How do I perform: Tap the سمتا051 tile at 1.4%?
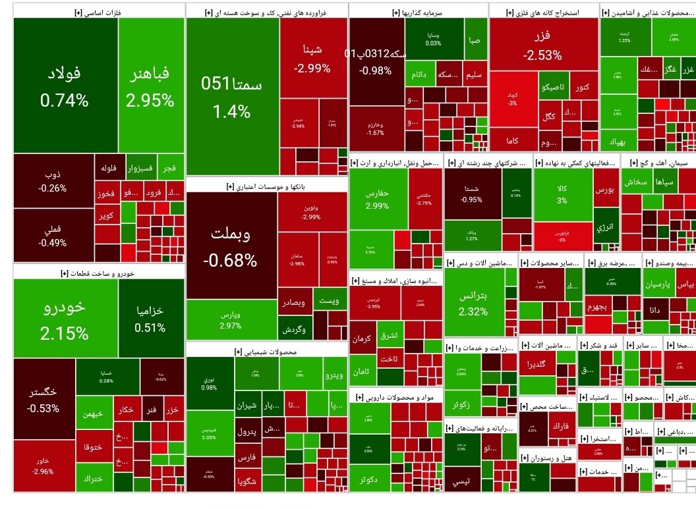click(x=231, y=97)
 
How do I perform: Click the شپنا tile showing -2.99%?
click(x=312, y=58)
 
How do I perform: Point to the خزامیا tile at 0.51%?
click(x=150, y=319)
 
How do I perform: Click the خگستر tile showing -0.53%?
click(x=43, y=399)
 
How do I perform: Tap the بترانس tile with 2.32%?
click(x=474, y=303)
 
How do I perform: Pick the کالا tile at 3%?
click(x=562, y=195)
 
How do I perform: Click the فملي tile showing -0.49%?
click(x=53, y=235)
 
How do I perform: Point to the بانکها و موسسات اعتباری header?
click(x=268, y=186)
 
